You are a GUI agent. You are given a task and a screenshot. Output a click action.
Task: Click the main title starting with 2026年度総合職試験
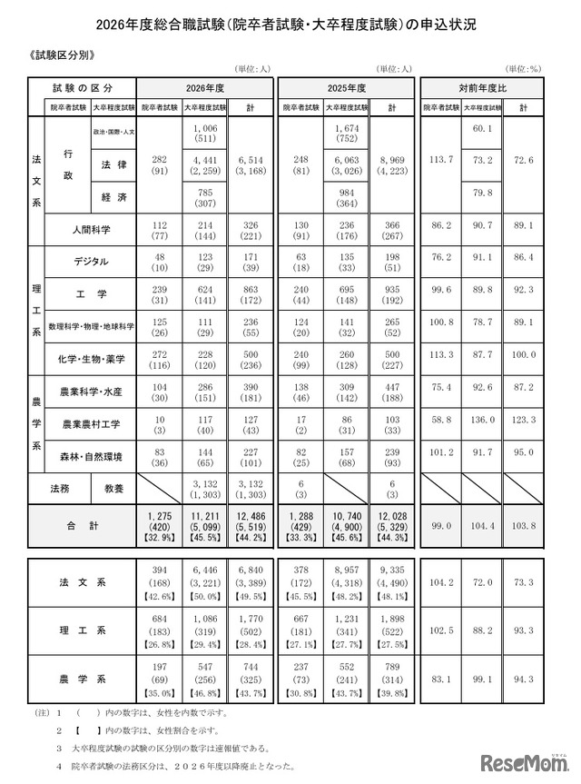coord(290,23)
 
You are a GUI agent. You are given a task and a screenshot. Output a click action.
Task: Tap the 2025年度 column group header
coord(346,88)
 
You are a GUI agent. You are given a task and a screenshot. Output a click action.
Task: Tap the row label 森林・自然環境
coord(91,455)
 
